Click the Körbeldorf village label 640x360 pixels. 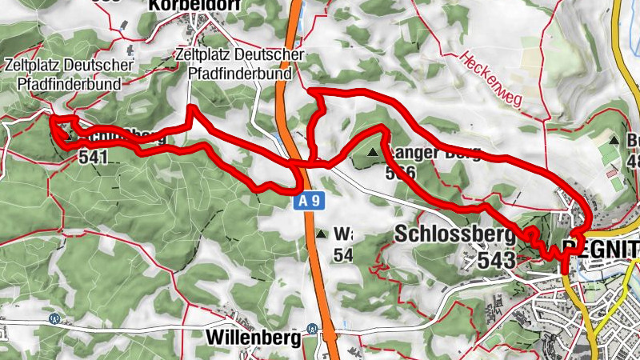tap(184, 6)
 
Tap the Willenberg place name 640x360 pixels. tap(254, 337)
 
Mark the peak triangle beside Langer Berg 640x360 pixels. tap(373, 150)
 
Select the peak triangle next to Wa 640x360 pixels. tap(321, 234)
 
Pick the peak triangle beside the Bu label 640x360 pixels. tap(614, 139)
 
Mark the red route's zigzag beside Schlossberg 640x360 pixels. tap(544, 245)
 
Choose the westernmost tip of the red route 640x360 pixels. tap(51, 120)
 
